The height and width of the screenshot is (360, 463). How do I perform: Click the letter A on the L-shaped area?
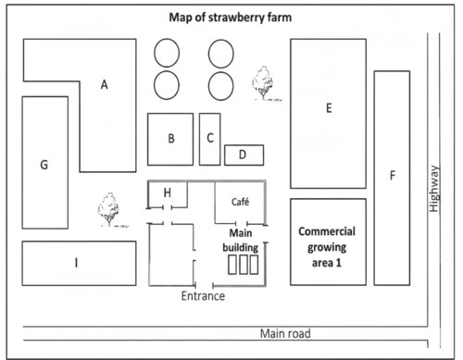click(105, 84)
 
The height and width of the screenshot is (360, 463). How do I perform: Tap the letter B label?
click(171, 139)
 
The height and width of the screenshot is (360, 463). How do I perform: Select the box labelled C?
click(210, 139)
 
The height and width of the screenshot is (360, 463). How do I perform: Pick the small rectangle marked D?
click(244, 155)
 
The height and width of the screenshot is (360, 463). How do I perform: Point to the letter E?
click(329, 108)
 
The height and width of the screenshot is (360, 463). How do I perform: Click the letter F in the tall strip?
click(393, 175)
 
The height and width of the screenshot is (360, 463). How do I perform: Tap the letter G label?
click(44, 165)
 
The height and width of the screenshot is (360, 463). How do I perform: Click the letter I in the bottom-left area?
click(76, 263)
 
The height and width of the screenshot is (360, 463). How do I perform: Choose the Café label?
click(240, 202)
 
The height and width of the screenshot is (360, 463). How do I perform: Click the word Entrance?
click(203, 296)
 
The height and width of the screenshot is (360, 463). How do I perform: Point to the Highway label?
click(434, 189)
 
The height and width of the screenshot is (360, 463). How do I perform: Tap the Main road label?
click(285, 333)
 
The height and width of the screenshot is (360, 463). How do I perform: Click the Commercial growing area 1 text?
click(327, 247)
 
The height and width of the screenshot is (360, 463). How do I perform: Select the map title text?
click(231, 18)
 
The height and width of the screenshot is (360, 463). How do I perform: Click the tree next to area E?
click(264, 83)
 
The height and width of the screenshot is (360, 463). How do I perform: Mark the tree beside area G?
click(109, 210)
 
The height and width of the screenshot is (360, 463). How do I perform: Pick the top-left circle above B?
click(167, 53)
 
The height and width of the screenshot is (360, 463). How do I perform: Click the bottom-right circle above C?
click(221, 86)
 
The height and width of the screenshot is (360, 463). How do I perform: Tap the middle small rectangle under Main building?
click(244, 265)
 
